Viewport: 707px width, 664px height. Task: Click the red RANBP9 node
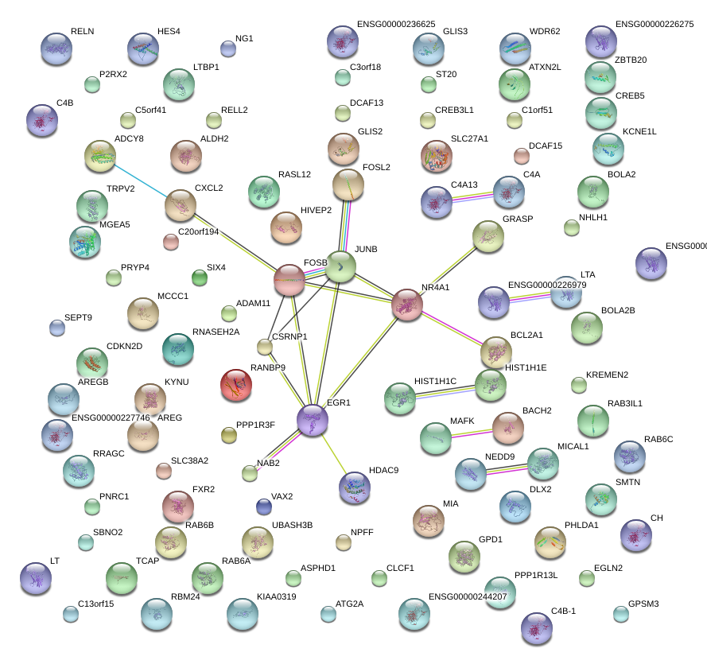pos(236,386)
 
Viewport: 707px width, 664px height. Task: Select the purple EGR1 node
pos(313,420)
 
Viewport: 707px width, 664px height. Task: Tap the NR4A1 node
pos(408,305)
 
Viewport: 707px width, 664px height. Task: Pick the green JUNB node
pos(341,267)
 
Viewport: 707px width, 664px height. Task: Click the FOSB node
pos(289,280)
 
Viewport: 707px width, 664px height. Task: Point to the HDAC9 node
pos(355,488)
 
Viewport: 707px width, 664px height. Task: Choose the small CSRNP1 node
pos(265,347)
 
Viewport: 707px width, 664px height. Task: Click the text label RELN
pos(82,31)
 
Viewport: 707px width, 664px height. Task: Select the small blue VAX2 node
pos(264,507)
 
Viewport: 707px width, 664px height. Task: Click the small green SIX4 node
pos(200,278)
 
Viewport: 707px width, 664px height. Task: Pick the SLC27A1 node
pos(436,157)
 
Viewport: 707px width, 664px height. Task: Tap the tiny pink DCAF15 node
pos(522,155)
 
